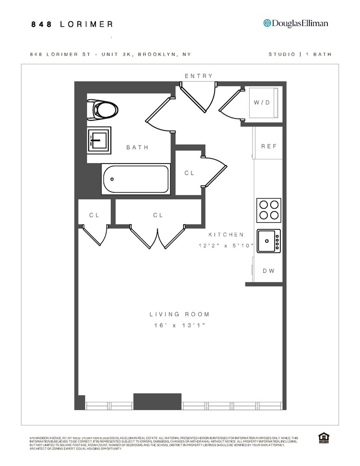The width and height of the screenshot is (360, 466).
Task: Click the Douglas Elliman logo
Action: click(x=296, y=23)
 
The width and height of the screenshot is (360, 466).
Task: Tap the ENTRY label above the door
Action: click(x=198, y=76)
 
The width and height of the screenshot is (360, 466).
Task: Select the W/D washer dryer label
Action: click(x=261, y=103)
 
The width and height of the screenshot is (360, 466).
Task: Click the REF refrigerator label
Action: click(x=268, y=146)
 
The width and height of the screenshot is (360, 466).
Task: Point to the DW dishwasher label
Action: click(x=268, y=271)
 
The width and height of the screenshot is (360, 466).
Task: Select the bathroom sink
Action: click(x=99, y=140)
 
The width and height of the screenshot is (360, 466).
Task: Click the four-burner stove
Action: click(x=269, y=209)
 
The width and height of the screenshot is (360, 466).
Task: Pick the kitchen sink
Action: click(x=268, y=241)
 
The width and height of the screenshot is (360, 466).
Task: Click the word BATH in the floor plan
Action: click(x=137, y=148)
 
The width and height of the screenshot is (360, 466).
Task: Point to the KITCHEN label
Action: click(x=226, y=235)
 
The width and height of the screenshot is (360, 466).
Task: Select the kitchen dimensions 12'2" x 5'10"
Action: click(x=226, y=246)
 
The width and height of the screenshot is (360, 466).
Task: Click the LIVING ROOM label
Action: click(x=179, y=315)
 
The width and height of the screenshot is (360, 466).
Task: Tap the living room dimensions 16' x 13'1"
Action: click(x=179, y=326)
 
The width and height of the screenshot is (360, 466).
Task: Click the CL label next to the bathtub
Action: click(x=189, y=173)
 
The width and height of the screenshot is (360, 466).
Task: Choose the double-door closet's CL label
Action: click(x=158, y=215)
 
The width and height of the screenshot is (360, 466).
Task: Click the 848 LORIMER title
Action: click(x=72, y=24)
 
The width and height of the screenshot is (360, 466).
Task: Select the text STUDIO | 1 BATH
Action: click(x=300, y=55)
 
